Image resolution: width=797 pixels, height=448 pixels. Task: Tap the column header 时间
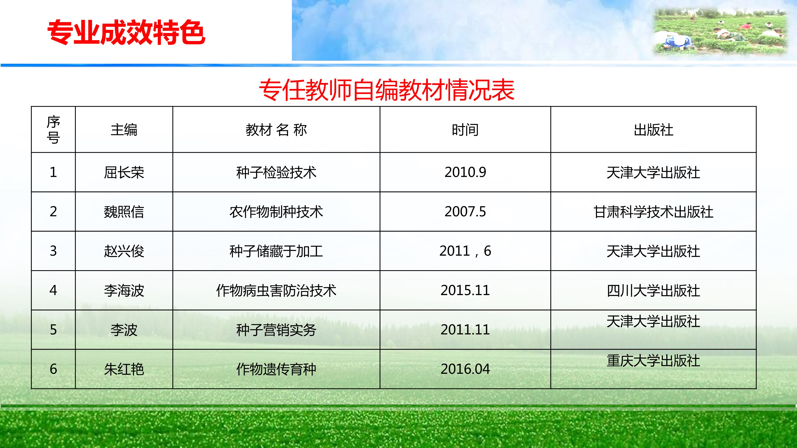pyautogui.click(x=465, y=130)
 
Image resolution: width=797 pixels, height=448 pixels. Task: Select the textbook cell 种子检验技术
pyautogui.click(x=276, y=172)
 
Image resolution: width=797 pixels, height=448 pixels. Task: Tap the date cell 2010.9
pyautogui.click(x=465, y=172)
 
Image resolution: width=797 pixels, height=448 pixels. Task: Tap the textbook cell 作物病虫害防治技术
pyautogui.click(x=276, y=290)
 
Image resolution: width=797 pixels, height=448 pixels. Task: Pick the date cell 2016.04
pyautogui.click(x=465, y=369)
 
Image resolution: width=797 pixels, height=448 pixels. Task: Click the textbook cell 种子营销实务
pyautogui.click(x=276, y=330)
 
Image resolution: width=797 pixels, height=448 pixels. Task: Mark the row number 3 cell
pyautogui.click(x=53, y=251)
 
